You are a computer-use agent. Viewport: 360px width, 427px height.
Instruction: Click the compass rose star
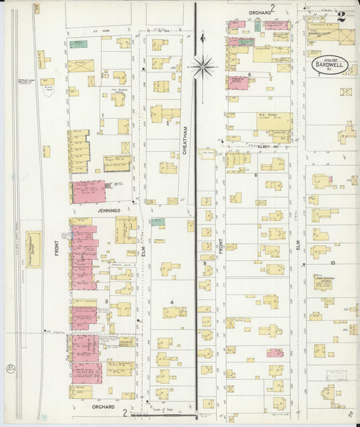pyautogui.click(x=203, y=66)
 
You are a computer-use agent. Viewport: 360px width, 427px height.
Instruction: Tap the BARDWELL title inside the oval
pyautogui.click(x=328, y=65)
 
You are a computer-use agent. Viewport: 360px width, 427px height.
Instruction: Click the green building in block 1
pyautogui.click(x=78, y=45)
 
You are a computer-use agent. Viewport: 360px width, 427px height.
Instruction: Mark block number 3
pyautogui.click(x=106, y=301)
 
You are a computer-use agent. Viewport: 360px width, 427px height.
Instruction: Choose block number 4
pyautogui.click(x=172, y=302)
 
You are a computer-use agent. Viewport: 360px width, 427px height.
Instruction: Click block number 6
pyautogui.click(x=249, y=74)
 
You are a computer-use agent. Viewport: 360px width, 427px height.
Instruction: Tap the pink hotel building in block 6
pyautogui.click(x=238, y=82)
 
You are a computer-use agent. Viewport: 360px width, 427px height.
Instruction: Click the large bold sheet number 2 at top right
pyautogui.click(x=342, y=17)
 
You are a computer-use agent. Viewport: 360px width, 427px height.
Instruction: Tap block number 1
pyautogui.click(x=102, y=115)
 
